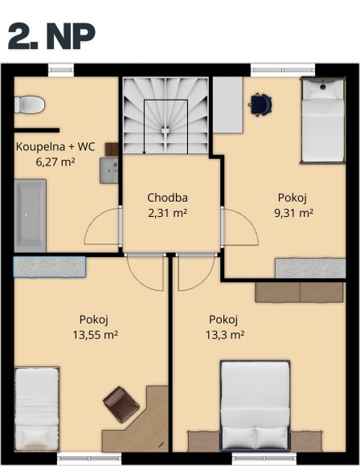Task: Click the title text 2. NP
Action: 51,35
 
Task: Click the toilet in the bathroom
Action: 30,104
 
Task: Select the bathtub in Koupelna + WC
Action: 29,214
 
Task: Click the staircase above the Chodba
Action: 166,116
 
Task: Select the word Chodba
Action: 168,198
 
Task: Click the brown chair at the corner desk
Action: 118,403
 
